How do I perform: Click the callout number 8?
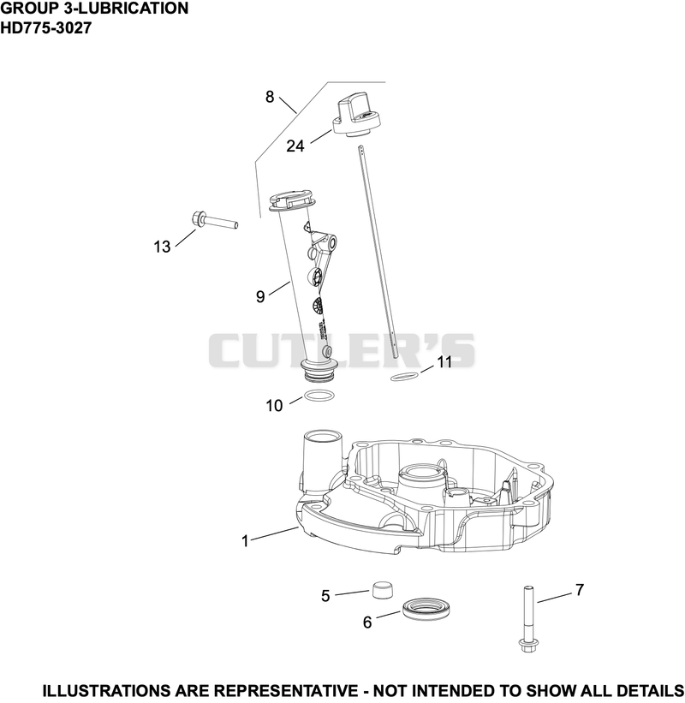(270, 97)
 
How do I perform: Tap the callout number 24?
(295, 146)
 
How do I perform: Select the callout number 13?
(163, 247)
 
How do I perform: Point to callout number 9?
(260, 296)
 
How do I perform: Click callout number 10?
(274, 406)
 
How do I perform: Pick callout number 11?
(444, 362)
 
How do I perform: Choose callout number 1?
(245, 541)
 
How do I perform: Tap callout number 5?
(325, 596)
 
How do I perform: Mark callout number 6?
(367, 623)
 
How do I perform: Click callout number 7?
(580, 590)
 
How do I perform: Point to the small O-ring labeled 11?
(405, 377)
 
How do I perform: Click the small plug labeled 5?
(383, 589)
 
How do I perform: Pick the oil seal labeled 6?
(426, 609)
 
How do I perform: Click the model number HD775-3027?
(46, 27)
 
